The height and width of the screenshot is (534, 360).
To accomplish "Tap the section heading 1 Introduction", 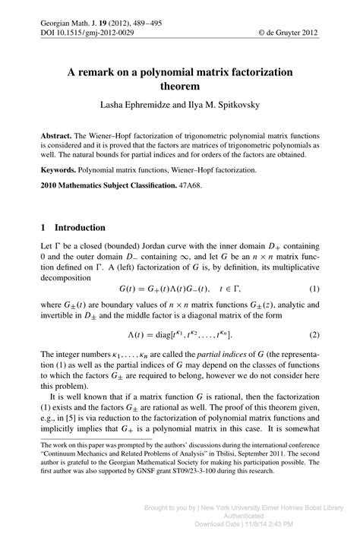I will pyautogui.click(x=73, y=227).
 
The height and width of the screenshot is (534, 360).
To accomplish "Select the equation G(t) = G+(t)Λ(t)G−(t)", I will pyautogui.click(x=163, y=289).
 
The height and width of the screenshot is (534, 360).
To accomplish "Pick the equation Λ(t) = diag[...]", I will pyautogui.click(x=182, y=335).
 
